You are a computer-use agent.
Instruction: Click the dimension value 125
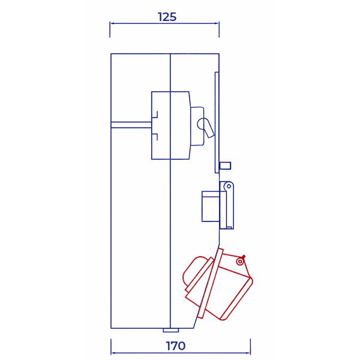[x=167, y=17]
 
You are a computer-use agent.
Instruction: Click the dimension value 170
[x=176, y=346]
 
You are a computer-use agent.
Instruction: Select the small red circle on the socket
[x=240, y=262]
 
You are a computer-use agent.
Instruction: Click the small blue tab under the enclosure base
[x=171, y=330]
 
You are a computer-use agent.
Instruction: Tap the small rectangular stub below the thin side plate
[x=226, y=165]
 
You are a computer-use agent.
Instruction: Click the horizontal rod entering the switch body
[x=131, y=125]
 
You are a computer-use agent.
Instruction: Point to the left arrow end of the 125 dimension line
[x=111, y=24]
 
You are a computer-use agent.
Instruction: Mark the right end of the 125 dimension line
[x=219, y=24]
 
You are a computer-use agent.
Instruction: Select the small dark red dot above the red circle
[x=243, y=256]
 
